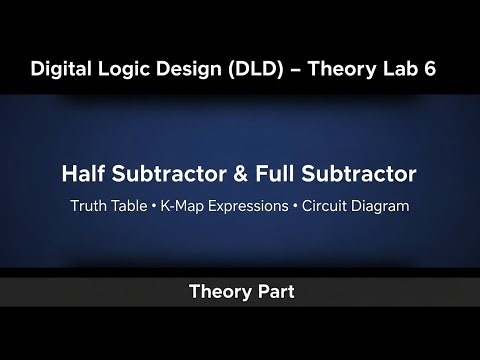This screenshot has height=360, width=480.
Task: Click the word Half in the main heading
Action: pos(87,174)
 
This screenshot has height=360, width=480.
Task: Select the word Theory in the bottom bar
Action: pos(217,293)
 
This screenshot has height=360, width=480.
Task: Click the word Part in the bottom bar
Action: pos(274,293)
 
